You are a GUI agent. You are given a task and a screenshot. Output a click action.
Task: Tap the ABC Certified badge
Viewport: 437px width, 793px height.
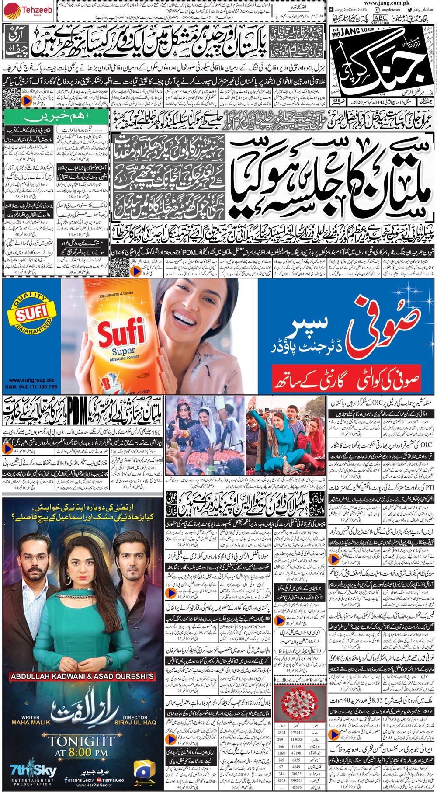(381, 17)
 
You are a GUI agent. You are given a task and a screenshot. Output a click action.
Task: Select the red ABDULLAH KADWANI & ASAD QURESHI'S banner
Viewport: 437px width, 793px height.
(82, 677)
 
